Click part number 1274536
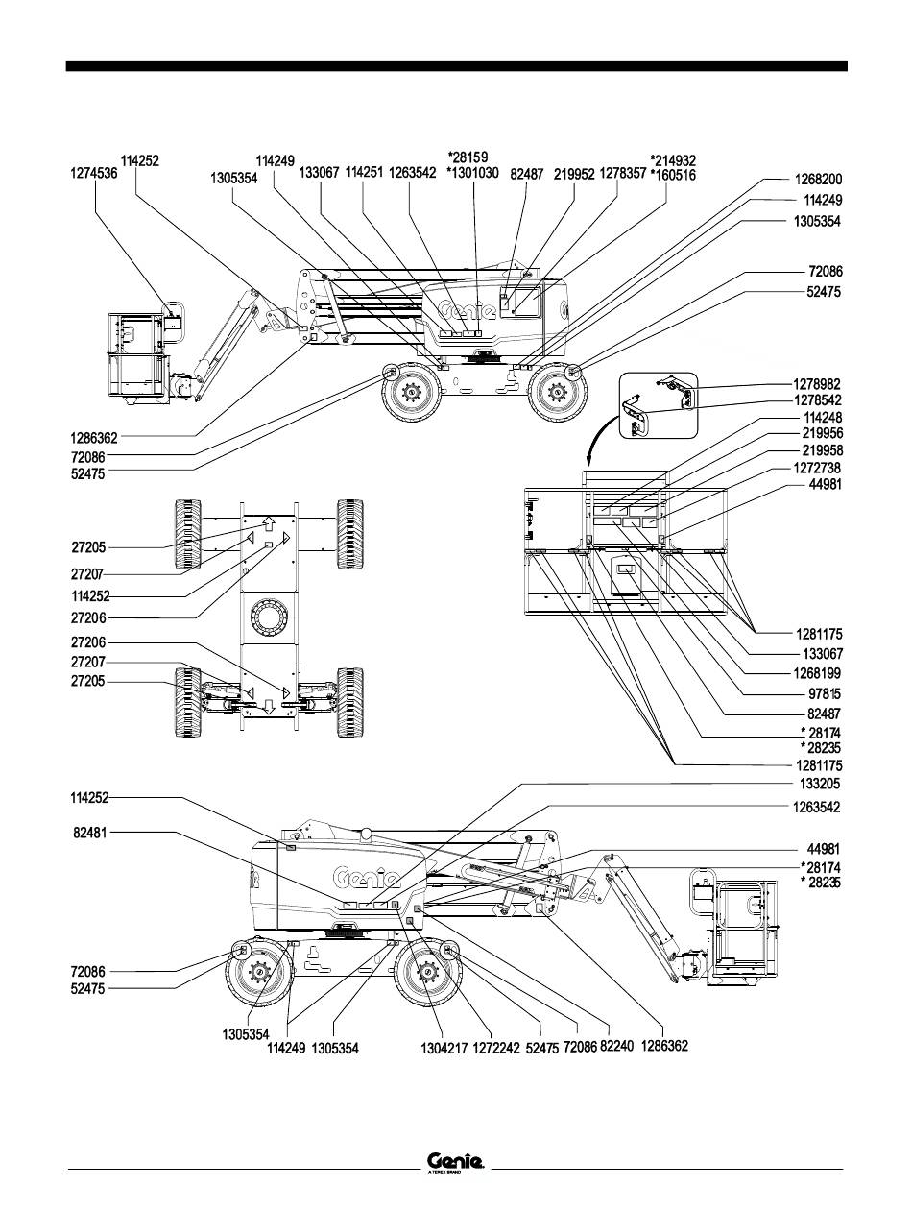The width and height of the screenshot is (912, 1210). coord(95,176)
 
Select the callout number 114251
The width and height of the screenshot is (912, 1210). coord(364,173)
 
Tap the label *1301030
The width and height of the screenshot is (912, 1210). coord(472,173)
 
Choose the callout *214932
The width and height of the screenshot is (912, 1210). coord(672,160)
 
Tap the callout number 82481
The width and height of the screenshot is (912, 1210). coord(89,835)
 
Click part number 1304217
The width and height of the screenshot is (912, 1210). coord(445,1050)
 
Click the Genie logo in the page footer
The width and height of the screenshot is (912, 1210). coord(456,1163)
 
